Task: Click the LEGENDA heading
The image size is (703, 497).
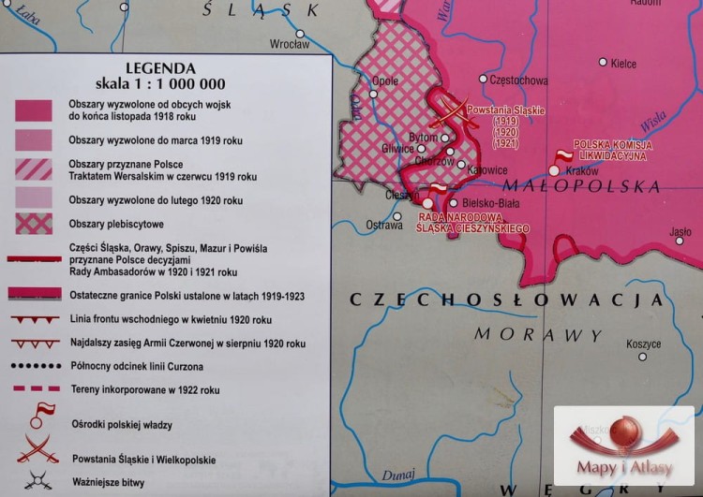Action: (160, 68)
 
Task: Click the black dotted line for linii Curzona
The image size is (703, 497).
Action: (33, 366)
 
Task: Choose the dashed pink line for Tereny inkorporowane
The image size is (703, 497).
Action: (33, 389)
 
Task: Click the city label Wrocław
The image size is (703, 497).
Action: (289, 44)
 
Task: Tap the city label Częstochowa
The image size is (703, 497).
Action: (518, 80)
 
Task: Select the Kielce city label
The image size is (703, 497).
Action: (623, 64)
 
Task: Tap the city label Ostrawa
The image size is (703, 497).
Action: (384, 226)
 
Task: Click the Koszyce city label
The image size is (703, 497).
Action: (643, 344)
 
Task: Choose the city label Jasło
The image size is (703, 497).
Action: (681, 232)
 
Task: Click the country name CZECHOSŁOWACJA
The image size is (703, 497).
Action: (506, 300)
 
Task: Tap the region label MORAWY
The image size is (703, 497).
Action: (525, 334)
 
